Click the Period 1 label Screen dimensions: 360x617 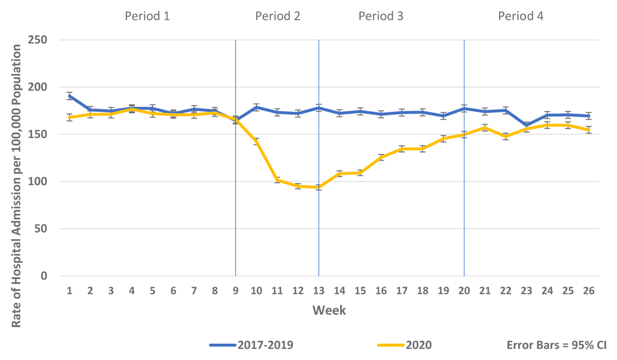(147, 16)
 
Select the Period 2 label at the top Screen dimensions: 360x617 (278, 16)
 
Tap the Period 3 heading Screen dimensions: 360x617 (381, 16)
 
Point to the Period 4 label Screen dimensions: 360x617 (521, 16)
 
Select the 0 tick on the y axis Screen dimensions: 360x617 (52, 276)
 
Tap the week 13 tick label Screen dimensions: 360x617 (318, 290)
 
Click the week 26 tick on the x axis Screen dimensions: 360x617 (589, 290)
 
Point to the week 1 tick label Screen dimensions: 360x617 (70, 290)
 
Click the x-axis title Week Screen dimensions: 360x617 (329, 310)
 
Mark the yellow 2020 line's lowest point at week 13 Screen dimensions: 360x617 (318, 187)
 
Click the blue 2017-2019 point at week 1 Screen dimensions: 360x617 (70, 96)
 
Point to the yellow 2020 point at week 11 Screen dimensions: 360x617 (277, 180)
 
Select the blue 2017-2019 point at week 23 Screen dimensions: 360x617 (526, 125)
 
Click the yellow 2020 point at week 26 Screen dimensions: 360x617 (589, 130)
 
